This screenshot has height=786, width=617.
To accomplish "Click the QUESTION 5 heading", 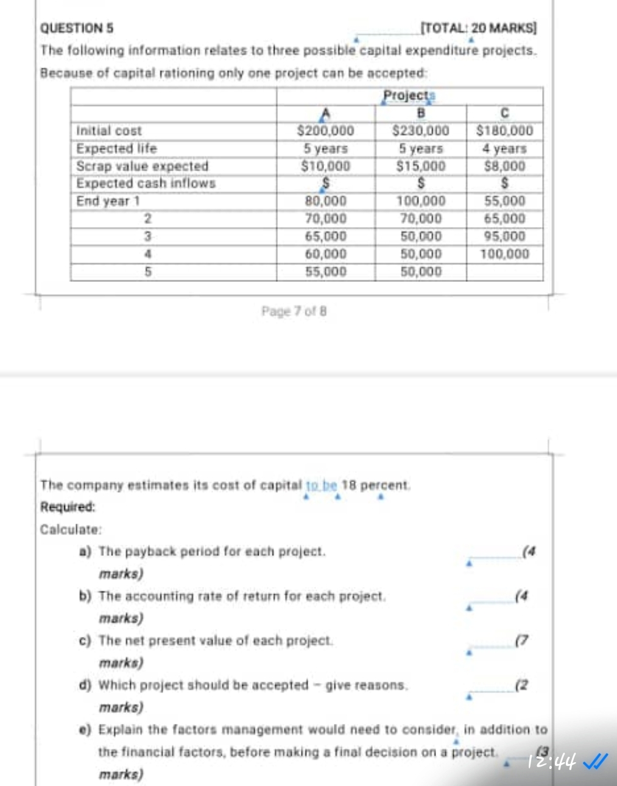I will tap(76, 28).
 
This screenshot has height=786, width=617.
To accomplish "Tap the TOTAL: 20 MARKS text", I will tap(479, 28).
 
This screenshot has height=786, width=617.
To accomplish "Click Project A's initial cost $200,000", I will tap(325, 131).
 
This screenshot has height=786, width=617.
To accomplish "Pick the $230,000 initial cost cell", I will tap(420, 131).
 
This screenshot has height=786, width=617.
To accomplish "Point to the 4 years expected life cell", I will tap(504, 149).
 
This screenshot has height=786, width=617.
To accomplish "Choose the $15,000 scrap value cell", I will tap(420, 166).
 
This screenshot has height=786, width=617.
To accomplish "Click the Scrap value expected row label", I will tap(142, 166).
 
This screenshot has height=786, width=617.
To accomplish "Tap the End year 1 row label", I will tap(108, 202).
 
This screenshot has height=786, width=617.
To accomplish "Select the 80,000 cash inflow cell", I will tap(325, 202).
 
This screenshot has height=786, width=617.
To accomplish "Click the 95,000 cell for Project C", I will tap(504, 236).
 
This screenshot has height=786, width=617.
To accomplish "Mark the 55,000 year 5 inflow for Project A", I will tap(325, 272).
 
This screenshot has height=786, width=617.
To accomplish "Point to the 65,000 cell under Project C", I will tap(504, 219).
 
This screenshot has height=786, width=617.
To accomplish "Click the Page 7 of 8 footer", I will tap(294, 311).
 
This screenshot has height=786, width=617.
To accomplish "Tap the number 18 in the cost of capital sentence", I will tap(348, 485).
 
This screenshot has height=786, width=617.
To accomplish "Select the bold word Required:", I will tap(68, 507).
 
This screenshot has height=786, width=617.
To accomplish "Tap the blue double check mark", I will tap(595, 761).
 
